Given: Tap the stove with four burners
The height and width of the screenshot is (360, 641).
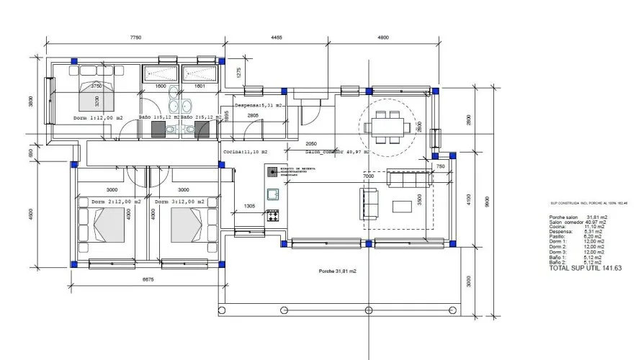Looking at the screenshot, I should click(274, 215).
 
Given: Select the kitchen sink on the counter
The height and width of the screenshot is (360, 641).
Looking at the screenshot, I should click(274, 194).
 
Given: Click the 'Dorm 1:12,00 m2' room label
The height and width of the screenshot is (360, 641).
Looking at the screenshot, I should click(98, 117).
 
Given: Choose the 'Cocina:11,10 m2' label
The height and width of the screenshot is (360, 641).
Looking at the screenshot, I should click(246, 153).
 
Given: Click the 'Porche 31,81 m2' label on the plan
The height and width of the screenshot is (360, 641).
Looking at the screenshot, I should click(338, 271).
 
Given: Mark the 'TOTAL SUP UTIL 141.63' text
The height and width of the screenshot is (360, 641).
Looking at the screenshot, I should click(585, 268).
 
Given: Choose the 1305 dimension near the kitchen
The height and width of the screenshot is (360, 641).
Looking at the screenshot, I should click(250, 206).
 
